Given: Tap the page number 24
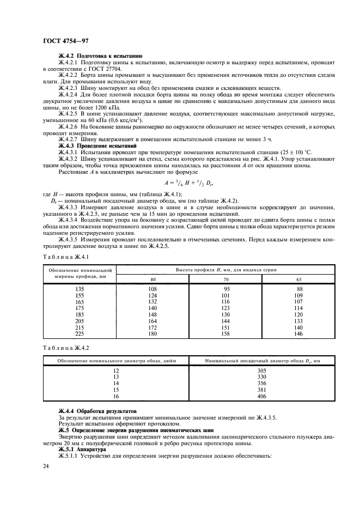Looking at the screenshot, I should (x=46, y=466).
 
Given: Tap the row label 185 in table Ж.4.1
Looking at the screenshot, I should (x=80, y=314).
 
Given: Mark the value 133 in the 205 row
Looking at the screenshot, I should (x=298, y=321).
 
